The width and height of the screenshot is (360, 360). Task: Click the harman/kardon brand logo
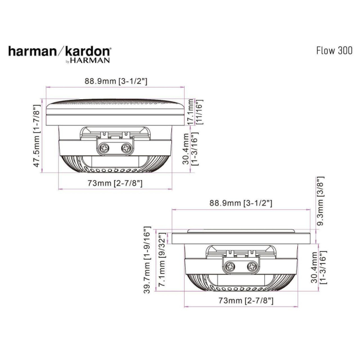click(x=59, y=51)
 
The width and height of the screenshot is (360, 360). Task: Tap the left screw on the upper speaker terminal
click(x=105, y=149)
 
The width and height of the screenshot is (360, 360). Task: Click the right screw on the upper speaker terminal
click(x=125, y=149)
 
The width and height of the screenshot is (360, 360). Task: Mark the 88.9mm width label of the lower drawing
click(x=241, y=203)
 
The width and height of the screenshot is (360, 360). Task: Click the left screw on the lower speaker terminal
click(x=231, y=266)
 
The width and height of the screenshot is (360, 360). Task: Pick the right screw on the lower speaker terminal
click(x=251, y=266)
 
